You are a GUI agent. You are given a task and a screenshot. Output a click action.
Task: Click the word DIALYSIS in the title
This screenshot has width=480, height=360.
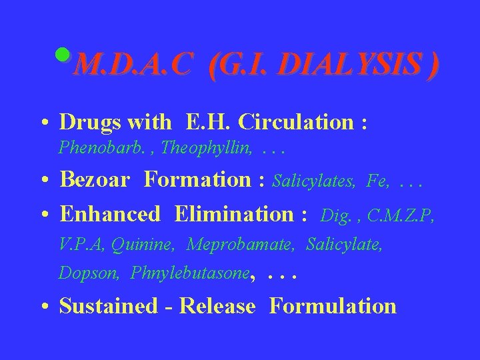click(357, 66)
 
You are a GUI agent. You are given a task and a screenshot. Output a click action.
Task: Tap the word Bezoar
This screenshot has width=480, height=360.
click(97, 179)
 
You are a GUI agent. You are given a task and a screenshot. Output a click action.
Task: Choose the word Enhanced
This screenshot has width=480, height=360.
click(110, 214)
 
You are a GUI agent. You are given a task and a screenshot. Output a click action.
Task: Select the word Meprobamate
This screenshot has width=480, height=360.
click(241, 245)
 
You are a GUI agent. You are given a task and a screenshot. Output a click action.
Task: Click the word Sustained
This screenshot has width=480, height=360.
click(107, 306)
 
